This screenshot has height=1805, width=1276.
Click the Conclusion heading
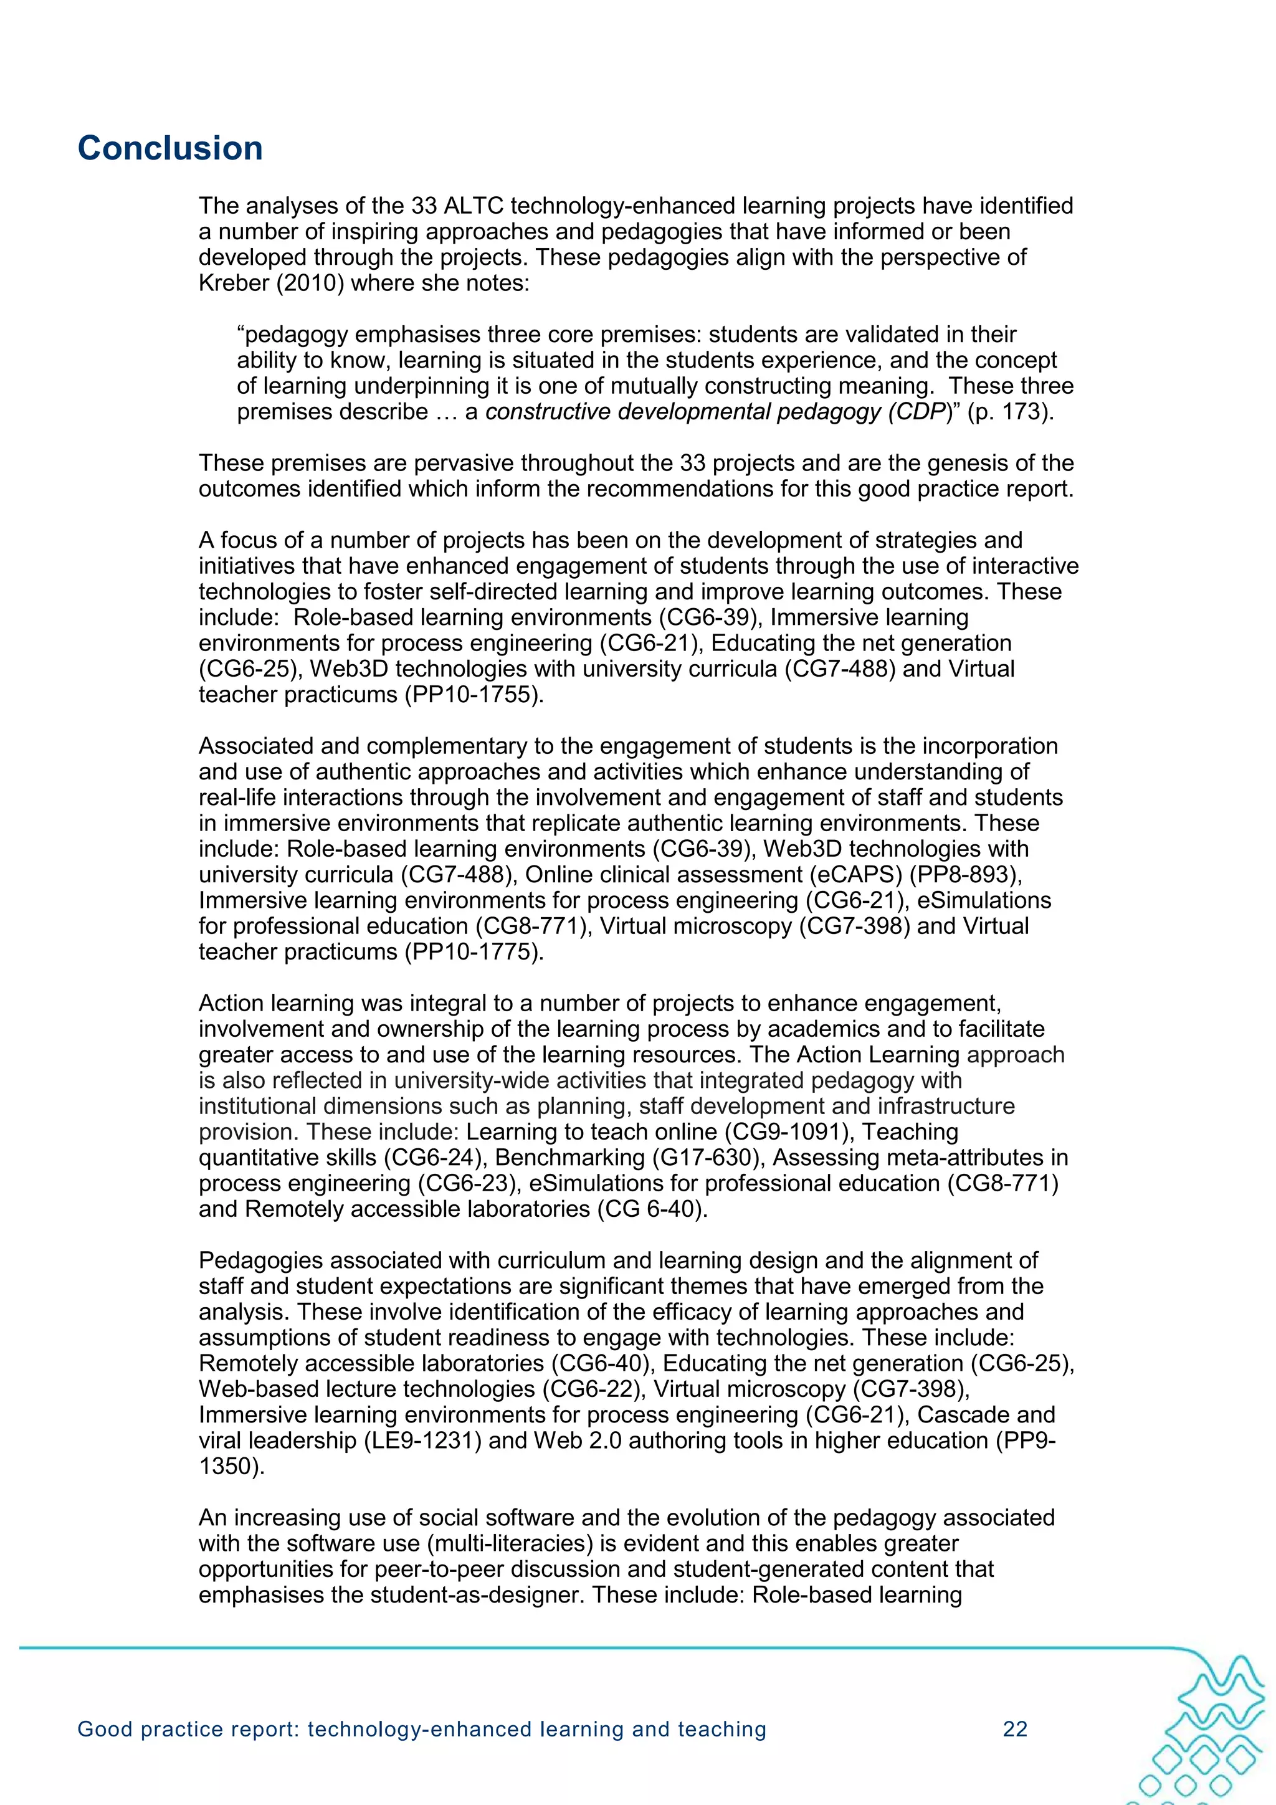click(x=170, y=148)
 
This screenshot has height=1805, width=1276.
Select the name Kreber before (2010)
click(x=233, y=283)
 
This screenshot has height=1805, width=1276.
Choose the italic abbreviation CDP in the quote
click(x=921, y=412)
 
